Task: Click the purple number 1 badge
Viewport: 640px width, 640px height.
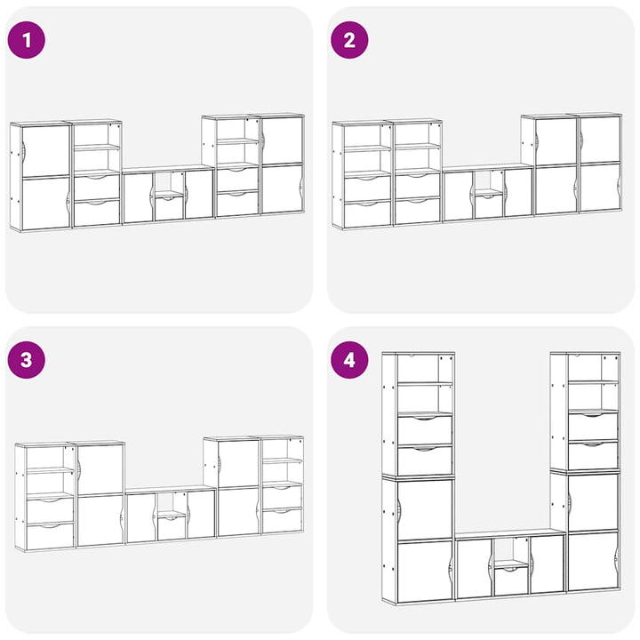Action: point(27,40)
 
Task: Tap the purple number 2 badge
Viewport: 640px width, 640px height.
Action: point(349,40)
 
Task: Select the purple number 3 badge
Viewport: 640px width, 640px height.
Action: point(27,360)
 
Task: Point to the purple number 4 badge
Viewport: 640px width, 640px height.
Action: point(349,360)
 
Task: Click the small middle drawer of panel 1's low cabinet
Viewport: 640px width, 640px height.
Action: point(170,208)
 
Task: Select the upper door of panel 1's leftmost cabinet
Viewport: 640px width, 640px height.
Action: point(45,151)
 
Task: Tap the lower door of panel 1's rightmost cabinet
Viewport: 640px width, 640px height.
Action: point(282,189)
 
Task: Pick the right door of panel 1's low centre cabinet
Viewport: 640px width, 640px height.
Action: point(199,195)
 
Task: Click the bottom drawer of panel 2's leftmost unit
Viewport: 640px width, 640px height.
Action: point(367,214)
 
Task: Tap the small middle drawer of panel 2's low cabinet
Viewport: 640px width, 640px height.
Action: point(489,206)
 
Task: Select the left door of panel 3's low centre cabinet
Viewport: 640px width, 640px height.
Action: point(141,518)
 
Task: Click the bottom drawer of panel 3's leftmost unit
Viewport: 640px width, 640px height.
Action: point(50,536)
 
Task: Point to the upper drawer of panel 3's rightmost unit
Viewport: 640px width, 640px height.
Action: point(282,495)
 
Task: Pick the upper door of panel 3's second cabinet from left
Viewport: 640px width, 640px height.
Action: point(100,469)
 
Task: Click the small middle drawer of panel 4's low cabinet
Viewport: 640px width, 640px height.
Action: point(511,580)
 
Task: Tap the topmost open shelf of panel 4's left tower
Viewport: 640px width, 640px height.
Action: point(425,369)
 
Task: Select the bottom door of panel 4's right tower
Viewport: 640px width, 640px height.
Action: point(593,561)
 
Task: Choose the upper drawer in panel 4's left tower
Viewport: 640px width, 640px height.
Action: point(425,430)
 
